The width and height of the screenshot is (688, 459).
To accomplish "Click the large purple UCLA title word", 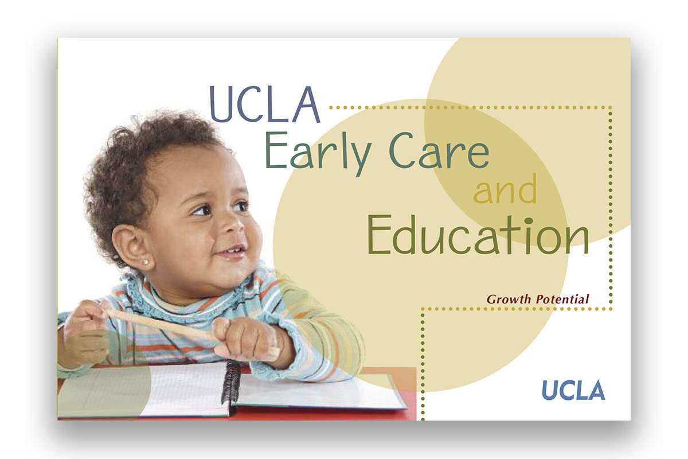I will tap(264, 105).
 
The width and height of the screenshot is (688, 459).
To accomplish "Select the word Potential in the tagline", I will tap(562, 299).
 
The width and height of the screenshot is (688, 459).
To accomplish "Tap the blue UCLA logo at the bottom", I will tap(573, 390).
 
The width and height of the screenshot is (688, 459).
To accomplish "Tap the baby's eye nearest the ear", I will tap(202, 211).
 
